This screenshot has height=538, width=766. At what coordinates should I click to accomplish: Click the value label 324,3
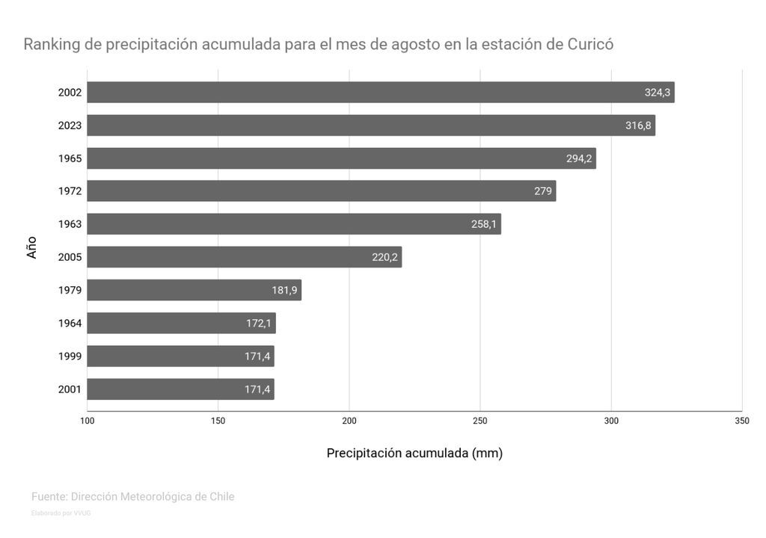pyautogui.click(x=658, y=93)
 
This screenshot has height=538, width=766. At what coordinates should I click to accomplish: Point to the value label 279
pyautogui.click(x=543, y=191)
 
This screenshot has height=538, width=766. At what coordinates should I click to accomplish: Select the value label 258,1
pyautogui.click(x=484, y=224)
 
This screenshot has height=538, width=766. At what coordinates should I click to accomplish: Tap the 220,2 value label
pyautogui.click(x=384, y=257)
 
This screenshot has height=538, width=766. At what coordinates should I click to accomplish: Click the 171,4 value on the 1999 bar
pyautogui.click(x=257, y=356)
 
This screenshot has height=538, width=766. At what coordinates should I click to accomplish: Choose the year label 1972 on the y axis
pyautogui.click(x=70, y=191)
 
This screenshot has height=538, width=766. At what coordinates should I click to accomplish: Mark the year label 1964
pyautogui.click(x=70, y=324)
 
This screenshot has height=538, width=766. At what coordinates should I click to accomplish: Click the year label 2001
pyautogui.click(x=70, y=389)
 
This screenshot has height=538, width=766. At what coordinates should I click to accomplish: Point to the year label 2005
pyautogui.click(x=70, y=257)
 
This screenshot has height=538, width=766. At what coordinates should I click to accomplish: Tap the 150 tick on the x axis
pyautogui.click(x=218, y=421)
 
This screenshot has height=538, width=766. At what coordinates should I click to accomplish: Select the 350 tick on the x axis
pyautogui.click(x=741, y=421)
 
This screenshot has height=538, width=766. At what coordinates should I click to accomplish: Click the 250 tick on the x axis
pyautogui.click(x=480, y=421)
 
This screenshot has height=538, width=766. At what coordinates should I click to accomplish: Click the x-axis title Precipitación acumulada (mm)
pyautogui.click(x=414, y=453)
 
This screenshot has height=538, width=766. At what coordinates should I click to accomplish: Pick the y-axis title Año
pyautogui.click(x=31, y=248)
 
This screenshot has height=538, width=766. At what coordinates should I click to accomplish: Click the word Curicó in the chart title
pyautogui.click(x=589, y=44)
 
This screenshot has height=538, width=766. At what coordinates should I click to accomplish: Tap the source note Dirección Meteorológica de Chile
pyautogui.click(x=153, y=496)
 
